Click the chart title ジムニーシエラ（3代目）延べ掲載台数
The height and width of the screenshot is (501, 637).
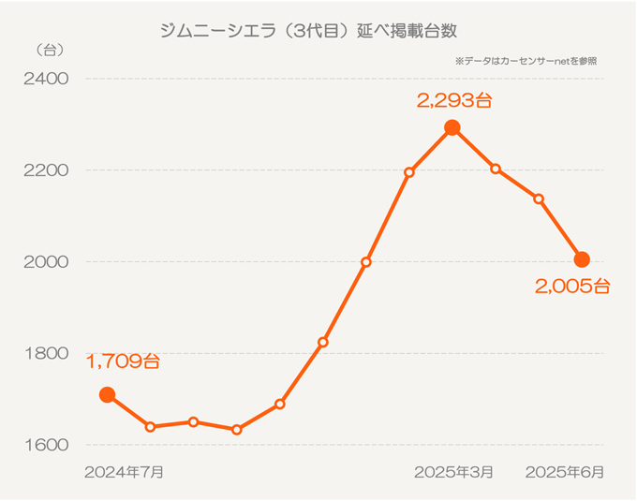tap(310, 31)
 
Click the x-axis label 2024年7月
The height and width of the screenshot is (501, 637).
tap(124, 472)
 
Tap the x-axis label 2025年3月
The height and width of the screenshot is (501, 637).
tap(453, 472)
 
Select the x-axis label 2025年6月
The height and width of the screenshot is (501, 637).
tap(565, 472)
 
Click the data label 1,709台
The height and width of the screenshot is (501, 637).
tap(123, 361)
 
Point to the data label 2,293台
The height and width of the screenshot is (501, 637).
tap(454, 100)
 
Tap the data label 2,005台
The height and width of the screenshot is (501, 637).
tap(572, 287)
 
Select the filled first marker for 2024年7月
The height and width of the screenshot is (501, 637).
tap(107, 395)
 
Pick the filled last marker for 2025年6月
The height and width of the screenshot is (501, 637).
tap(582, 259)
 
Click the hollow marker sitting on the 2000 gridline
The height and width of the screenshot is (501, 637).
tap(366, 262)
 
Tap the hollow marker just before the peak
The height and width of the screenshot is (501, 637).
tap(409, 172)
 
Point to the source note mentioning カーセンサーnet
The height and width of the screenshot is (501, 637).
tap(526, 61)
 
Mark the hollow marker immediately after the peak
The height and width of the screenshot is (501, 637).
tap(496, 169)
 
